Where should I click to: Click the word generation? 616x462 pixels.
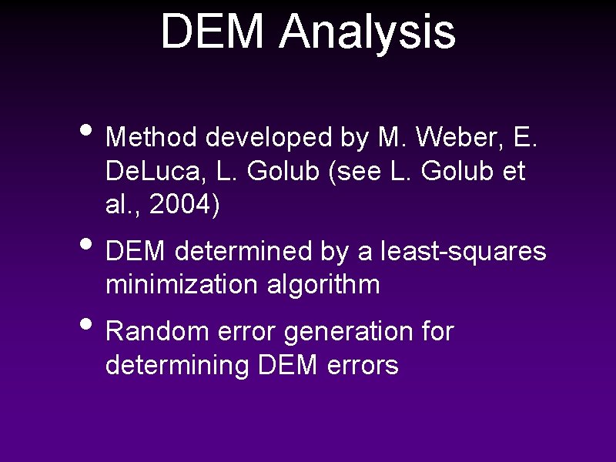pyautogui.click(x=348, y=332)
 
